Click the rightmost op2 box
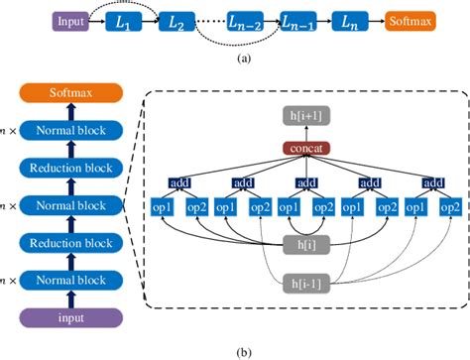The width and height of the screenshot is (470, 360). [x=450, y=207]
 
